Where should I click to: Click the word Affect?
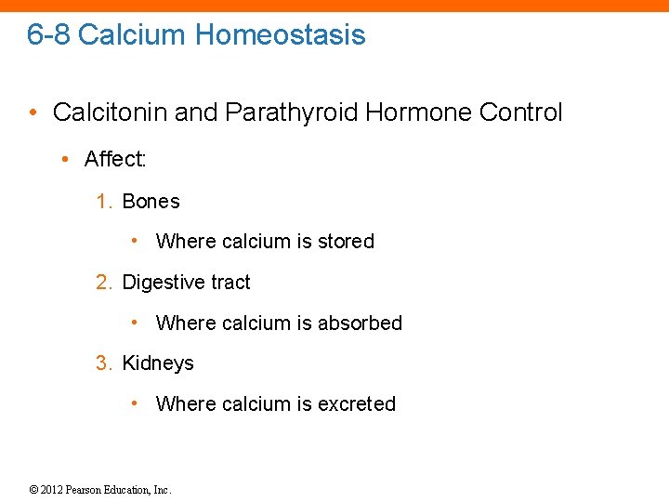pos(115,159)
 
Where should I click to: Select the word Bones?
pos(151,201)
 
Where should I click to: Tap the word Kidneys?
pos(158,363)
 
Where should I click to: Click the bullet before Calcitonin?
pos(33,113)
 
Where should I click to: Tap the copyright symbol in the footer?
pos(33,490)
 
